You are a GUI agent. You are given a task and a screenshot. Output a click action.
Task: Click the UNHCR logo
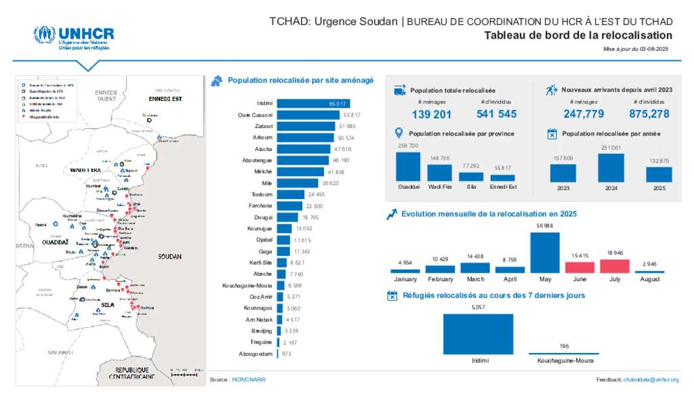(74, 38)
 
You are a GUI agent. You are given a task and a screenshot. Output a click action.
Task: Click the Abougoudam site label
(256, 354)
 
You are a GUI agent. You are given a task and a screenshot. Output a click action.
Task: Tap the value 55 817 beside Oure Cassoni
(351, 115)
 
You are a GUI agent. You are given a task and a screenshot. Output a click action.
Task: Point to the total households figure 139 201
(432, 114)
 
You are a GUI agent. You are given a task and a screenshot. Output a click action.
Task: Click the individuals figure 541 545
(496, 114)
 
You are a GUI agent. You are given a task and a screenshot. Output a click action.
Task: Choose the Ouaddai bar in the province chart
(408, 167)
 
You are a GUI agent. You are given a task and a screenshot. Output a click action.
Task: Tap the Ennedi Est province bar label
(502, 188)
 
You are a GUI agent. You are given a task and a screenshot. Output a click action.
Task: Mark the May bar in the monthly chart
(545, 252)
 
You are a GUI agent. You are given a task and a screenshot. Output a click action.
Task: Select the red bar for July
(614, 266)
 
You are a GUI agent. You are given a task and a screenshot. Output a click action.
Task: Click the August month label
(649, 278)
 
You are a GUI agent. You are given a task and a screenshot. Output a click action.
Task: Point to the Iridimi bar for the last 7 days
(479, 334)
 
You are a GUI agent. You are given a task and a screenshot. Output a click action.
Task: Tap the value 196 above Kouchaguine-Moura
(563, 345)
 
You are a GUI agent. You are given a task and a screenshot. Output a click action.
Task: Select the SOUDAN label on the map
(169, 257)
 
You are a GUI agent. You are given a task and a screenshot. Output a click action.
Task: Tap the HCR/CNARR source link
(248, 380)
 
